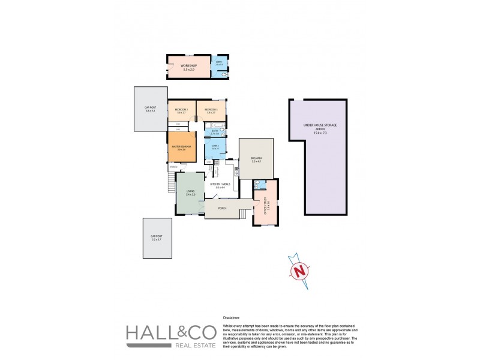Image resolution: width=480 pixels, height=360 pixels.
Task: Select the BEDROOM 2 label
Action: pyautogui.click(x=182, y=110)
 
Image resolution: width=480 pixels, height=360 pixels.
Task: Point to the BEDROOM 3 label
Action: pyautogui.click(x=211, y=110)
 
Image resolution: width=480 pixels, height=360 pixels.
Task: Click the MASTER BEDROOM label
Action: pyautogui.click(x=181, y=148)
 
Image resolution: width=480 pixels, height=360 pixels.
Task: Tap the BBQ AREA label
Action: pyautogui.click(x=257, y=160)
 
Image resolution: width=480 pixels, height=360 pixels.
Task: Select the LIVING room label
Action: pyautogui.click(x=190, y=192)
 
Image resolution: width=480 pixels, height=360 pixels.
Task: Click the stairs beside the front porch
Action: pyautogui.click(x=244, y=214)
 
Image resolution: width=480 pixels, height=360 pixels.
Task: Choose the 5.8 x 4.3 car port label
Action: pyautogui.click(x=150, y=110)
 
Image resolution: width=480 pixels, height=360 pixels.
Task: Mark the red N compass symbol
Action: pyautogui.click(x=298, y=271)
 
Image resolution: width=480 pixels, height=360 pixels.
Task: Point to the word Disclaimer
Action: pyautogui.click(x=231, y=317)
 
